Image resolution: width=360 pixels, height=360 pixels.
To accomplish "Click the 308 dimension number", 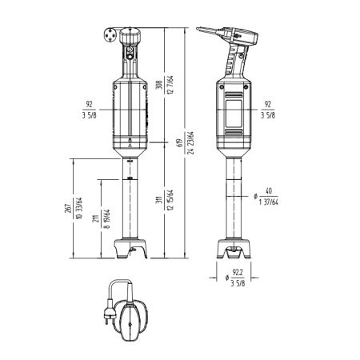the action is point(159,85).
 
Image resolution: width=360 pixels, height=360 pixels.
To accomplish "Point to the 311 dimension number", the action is point(159,200).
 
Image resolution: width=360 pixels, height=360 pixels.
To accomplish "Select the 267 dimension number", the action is point(68,208).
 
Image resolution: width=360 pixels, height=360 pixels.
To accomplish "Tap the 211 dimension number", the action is point(96,218).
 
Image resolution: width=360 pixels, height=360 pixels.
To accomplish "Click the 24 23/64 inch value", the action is point(191,143).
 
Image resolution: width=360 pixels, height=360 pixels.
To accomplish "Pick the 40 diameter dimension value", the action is point(269,191).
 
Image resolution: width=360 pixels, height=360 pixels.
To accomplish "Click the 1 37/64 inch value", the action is point(269,202).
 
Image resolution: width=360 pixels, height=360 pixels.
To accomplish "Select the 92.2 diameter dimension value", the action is point(238,273).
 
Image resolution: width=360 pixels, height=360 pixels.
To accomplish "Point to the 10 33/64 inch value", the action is point(79,208).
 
